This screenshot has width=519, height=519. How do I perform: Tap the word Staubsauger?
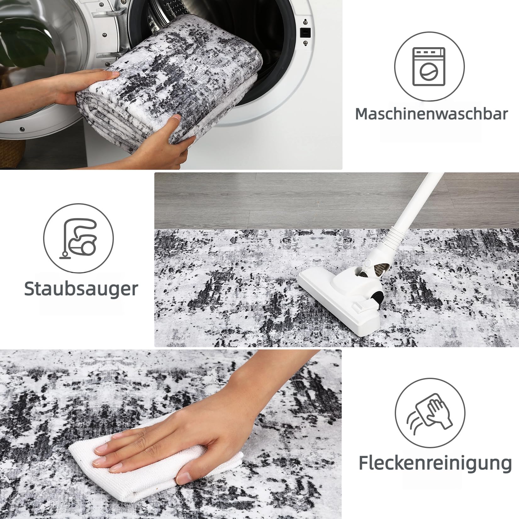[x=81, y=289]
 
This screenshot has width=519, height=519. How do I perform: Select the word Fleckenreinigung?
[x=435, y=462]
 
